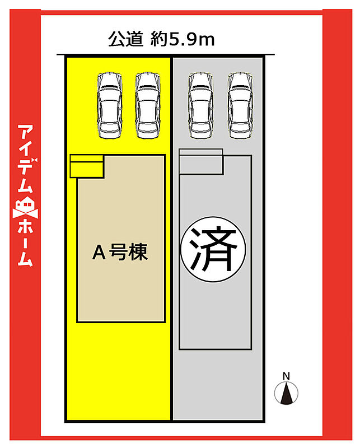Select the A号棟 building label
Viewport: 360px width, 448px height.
click(120, 254)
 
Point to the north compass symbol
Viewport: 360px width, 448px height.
click(286, 393)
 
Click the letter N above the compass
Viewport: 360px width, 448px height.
click(286, 375)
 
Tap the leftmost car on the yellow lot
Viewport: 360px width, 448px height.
click(110, 105)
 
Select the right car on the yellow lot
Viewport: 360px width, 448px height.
click(147, 105)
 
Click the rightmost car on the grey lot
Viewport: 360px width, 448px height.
click(240, 105)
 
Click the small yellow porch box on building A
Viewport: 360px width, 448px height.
click(87, 166)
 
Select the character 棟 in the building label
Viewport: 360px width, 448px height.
click(138, 254)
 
